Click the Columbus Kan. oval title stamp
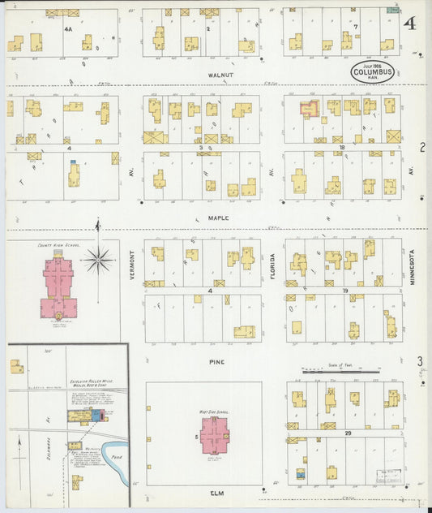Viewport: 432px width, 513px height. [374, 73]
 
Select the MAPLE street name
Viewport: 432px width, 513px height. [217, 218]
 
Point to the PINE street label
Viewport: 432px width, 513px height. [216, 361]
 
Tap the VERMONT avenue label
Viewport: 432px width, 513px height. [130, 263]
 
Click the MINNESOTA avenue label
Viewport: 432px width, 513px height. [412, 265]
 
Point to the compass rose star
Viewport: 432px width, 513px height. [98, 260]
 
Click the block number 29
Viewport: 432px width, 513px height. [347, 434]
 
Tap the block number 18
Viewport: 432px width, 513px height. [342, 148]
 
